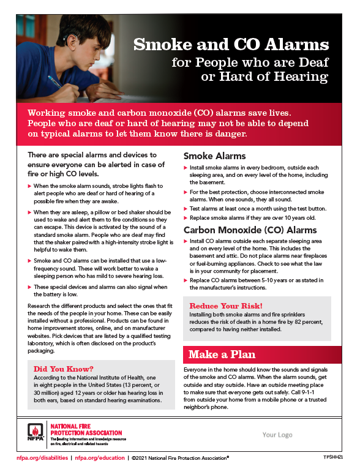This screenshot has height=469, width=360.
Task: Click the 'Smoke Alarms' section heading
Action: [215, 156]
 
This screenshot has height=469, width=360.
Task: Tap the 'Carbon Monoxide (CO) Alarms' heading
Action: [250, 230]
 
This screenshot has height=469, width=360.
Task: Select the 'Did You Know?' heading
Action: [64, 369]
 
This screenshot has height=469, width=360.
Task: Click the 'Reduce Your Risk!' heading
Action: [226, 306]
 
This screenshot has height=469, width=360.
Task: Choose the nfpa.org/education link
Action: [100, 457]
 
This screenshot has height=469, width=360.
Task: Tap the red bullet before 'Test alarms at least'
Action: [186, 209]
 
